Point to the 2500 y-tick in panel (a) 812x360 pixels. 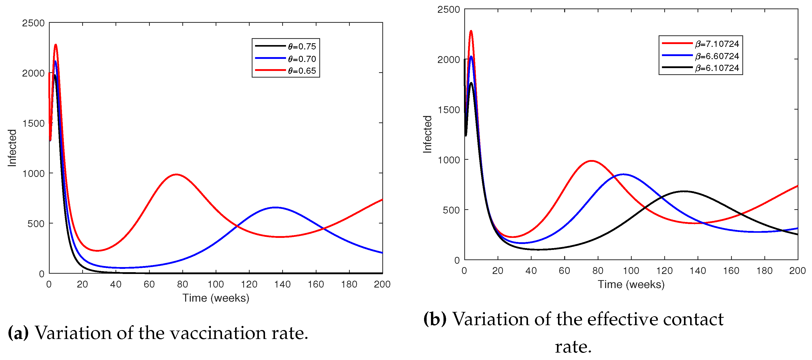33,23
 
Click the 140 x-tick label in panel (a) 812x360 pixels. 282,284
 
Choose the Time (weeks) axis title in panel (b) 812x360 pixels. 631,285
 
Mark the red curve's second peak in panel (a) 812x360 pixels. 176,174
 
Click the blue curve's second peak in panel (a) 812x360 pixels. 275,207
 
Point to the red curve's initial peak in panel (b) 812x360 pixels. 471,31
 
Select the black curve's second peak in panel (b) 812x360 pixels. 683,191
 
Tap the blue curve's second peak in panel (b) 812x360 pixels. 623,174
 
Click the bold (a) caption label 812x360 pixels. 18,333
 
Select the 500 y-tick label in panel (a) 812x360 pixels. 36,224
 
